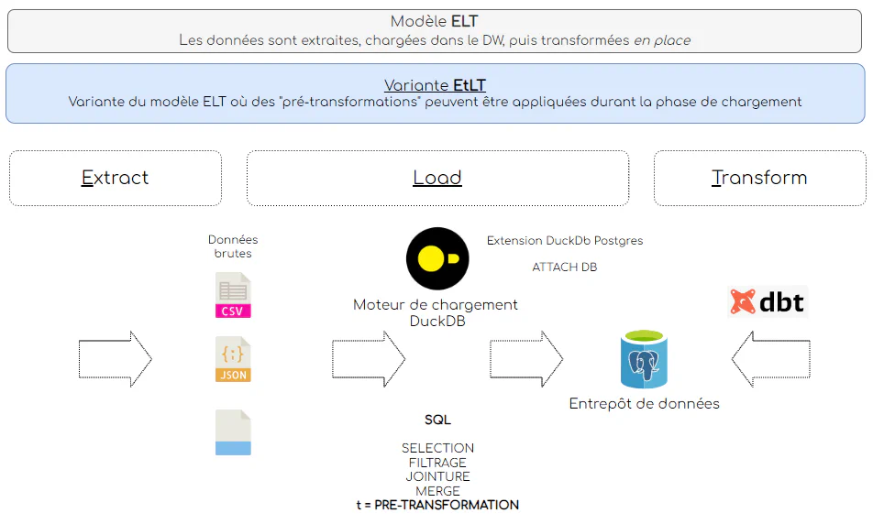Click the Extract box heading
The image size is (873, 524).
[x=115, y=178]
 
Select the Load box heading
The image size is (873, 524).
[x=437, y=178]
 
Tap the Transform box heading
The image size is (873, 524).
[x=759, y=178]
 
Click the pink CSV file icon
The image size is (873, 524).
[x=233, y=296]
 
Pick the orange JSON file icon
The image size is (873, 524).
[x=233, y=359]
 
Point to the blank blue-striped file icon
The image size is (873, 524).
[x=233, y=432]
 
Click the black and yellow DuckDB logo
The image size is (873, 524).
[x=437, y=258]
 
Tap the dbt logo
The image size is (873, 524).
[x=768, y=301]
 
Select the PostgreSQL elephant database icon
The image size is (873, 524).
[x=644, y=360]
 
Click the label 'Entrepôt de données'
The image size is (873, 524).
[x=644, y=404]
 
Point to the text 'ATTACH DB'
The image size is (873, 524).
[x=565, y=267]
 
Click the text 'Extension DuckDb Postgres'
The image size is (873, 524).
[x=565, y=241]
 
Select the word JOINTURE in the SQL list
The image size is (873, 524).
[x=437, y=476]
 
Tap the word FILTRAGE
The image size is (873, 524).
[x=437, y=463]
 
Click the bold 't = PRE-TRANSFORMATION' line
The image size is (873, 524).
[x=437, y=505]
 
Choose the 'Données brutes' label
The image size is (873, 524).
[x=233, y=246]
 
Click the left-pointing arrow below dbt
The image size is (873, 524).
[x=770, y=357]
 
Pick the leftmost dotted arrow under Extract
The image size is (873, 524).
[x=116, y=357]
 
